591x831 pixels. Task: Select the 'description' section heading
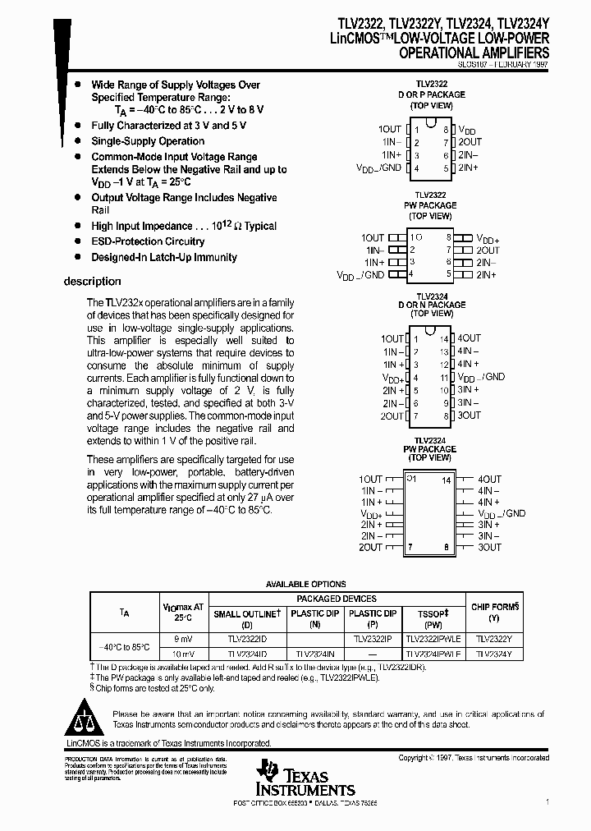tap(92, 282)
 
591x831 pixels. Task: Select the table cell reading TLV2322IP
tap(373, 637)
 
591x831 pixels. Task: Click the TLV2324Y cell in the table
tap(495, 654)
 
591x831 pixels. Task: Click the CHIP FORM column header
tap(495, 607)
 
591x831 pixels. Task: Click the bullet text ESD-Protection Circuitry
tap(148, 241)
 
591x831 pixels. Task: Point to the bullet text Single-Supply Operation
tap(148, 141)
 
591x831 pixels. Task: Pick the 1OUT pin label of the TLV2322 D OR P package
tap(390, 130)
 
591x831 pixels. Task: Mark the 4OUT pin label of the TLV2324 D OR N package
tap(470, 338)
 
